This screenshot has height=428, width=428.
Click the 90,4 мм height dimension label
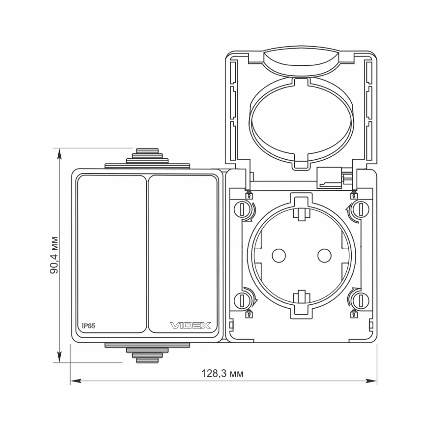tap(54, 255)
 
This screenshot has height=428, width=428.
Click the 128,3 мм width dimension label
tap(222, 373)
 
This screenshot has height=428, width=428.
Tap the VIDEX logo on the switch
tap(190, 325)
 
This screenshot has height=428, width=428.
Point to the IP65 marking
tap(89, 326)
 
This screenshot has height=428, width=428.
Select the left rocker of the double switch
tap(112, 254)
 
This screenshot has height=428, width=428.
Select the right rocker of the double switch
tap(183, 254)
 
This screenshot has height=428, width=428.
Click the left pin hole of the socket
tap(279, 256)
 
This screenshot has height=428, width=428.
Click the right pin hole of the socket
tap(324, 256)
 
